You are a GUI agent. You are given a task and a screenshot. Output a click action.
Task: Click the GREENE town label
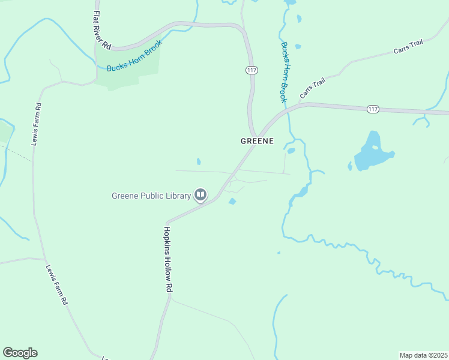click(x=257, y=141)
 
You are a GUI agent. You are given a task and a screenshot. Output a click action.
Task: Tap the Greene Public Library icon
click(x=200, y=194)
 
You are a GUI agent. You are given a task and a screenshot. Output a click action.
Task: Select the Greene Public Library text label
click(x=151, y=195)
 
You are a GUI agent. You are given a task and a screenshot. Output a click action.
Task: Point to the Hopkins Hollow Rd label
click(x=168, y=259)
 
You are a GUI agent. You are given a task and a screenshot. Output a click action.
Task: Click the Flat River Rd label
click(x=103, y=29)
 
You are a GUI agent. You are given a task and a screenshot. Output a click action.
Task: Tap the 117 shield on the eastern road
click(x=373, y=109)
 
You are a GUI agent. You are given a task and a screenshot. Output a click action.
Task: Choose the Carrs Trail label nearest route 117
click(x=312, y=88)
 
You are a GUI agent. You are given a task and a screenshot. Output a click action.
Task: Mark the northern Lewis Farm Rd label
click(x=37, y=124)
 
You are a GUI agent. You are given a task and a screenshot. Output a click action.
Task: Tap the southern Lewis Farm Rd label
click(x=57, y=284)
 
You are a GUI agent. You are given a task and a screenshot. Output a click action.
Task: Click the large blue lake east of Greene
click(x=370, y=157)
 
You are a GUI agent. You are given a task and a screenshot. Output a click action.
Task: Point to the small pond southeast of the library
click(x=232, y=201)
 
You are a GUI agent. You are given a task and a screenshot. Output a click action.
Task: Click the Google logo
click(x=20, y=353)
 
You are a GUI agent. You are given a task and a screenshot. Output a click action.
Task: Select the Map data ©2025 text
click(x=423, y=355)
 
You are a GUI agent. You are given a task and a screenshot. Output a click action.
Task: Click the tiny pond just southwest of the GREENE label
click(x=199, y=161)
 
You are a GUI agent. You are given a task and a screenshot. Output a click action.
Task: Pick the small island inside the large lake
click(x=375, y=146)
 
